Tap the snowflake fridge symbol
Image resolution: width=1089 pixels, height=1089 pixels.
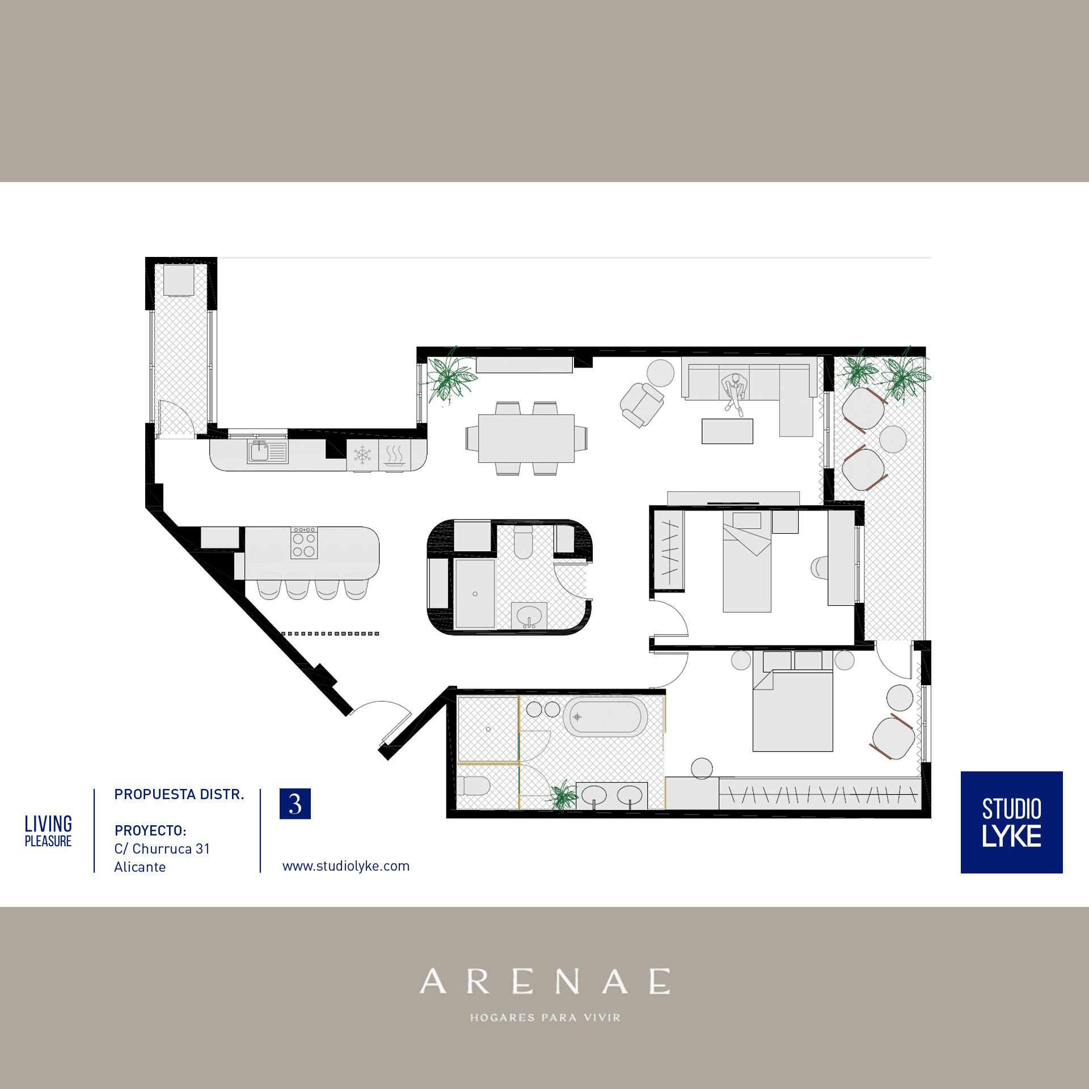[x=362, y=454]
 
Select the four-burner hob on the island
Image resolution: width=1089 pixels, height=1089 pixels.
[x=304, y=543]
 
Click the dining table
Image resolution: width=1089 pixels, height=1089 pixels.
[x=526, y=438]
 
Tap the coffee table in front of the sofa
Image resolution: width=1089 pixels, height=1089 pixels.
[x=727, y=431]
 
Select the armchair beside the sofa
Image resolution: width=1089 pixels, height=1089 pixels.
[x=643, y=404]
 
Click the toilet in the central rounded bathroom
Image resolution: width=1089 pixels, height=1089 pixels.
[x=522, y=542]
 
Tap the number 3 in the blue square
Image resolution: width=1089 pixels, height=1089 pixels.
[x=295, y=804]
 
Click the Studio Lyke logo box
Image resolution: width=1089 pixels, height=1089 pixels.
[x=1011, y=822]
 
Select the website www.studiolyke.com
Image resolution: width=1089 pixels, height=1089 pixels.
[x=346, y=866]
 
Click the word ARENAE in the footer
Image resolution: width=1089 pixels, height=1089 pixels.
[x=544, y=981]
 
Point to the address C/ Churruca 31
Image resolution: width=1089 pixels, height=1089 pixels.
[x=162, y=849]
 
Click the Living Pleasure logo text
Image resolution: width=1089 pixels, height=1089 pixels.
[x=48, y=831]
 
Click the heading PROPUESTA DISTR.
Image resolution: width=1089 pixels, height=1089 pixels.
[x=179, y=795]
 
